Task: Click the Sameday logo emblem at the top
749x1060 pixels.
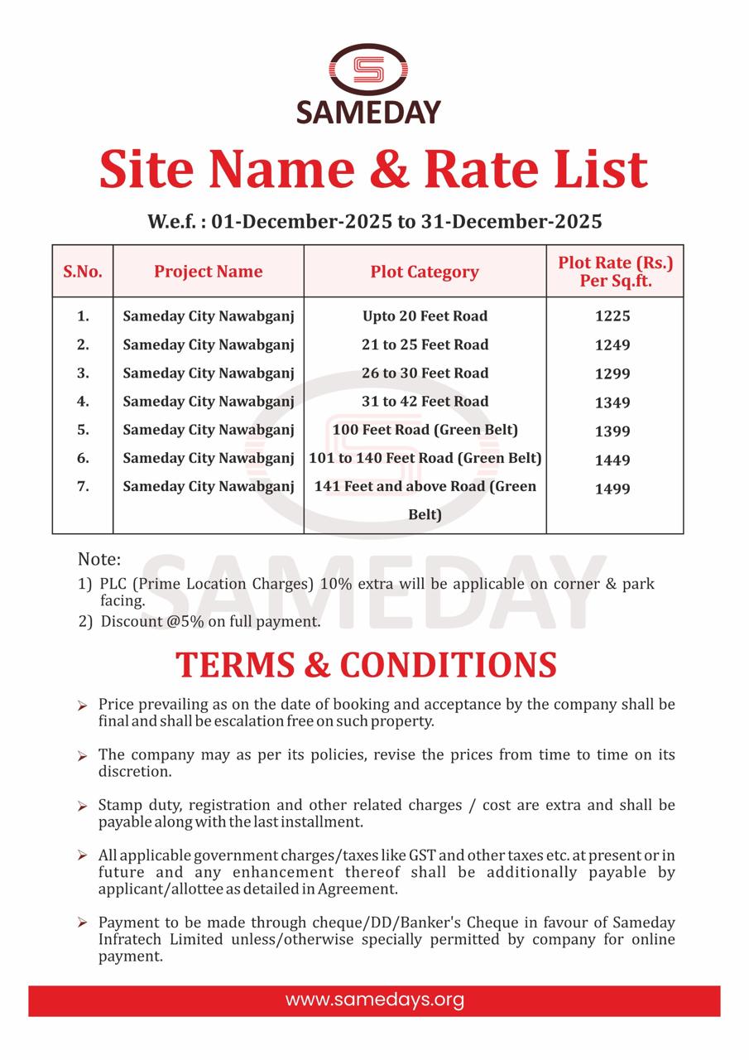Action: (369, 70)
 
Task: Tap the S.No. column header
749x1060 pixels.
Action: (83, 272)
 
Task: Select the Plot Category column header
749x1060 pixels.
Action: (425, 272)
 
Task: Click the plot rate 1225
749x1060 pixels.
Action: (612, 316)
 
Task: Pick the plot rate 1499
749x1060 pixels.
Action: (612, 489)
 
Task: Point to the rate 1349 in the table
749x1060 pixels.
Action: (612, 402)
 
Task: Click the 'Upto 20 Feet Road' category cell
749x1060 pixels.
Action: (425, 316)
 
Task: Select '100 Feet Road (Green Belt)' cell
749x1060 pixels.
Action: (425, 430)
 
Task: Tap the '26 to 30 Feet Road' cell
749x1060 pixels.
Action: (425, 373)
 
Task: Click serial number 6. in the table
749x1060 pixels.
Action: (83, 458)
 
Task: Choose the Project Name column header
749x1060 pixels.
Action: (208, 272)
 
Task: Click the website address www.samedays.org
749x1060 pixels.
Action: (374, 1000)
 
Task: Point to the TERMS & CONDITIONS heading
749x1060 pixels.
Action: (366, 665)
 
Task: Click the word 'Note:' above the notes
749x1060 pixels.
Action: (99, 559)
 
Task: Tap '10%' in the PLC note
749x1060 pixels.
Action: (336, 584)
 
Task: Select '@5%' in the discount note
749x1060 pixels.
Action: (191, 621)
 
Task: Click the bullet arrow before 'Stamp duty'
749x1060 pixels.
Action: (82, 806)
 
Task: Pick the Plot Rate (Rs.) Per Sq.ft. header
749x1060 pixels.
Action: (615, 272)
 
